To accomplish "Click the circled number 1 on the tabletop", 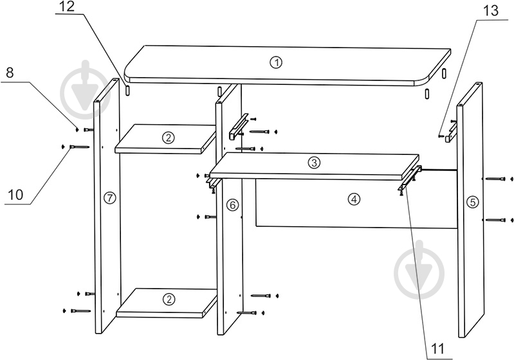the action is [276, 62].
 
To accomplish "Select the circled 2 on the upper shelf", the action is [168, 138].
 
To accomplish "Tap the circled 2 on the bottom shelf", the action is [169, 299].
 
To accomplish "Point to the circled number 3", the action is [314, 163].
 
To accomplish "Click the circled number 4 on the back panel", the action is [354, 199].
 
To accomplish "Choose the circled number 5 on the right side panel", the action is [472, 202].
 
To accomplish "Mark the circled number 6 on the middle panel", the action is [232, 205].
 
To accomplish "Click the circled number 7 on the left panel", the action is [110, 198].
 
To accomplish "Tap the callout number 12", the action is [68, 6].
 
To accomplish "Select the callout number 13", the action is [491, 11].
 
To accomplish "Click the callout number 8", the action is [10, 73].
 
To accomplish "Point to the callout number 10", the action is [15, 195].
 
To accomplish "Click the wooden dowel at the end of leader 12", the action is [128, 90].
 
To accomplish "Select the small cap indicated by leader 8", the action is [77, 130].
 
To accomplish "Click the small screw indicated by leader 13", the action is [441, 134].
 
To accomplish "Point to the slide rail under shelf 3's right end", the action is [409, 179].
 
